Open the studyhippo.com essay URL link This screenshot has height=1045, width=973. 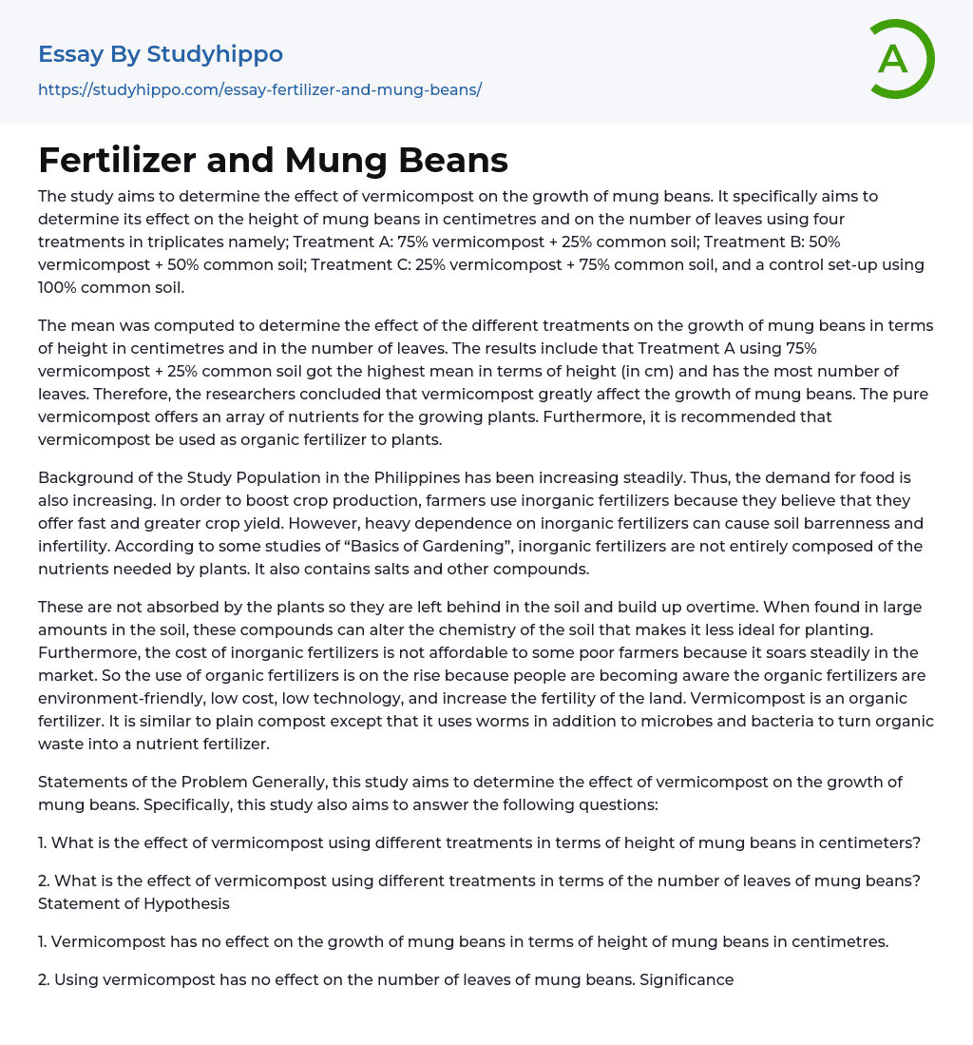coord(259,89)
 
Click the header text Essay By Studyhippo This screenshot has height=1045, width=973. coord(161,54)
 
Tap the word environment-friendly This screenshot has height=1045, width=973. coord(121,698)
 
